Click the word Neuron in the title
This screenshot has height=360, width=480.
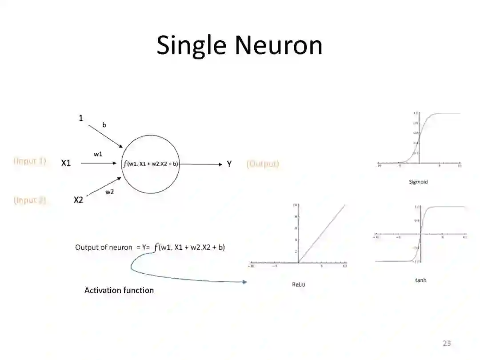(279, 46)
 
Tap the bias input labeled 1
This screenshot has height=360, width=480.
(81, 118)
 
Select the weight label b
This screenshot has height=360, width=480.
(104, 125)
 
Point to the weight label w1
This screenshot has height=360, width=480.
(98, 154)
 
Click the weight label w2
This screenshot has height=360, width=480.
(109, 192)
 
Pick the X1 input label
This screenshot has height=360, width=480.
(66, 164)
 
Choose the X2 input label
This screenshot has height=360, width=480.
(78, 200)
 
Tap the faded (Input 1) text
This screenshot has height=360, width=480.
(30, 161)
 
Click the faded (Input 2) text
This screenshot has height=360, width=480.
(30, 200)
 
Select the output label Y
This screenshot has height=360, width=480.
(229, 164)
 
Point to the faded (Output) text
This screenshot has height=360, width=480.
(263, 164)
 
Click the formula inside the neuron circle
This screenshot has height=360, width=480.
(151, 164)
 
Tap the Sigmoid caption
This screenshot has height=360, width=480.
(418, 182)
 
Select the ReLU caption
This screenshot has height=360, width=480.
(299, 284)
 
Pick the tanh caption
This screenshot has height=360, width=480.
(420, 280)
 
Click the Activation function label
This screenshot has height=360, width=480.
(119, 290)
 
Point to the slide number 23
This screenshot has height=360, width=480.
(447, 343)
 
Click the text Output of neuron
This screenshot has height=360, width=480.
(104, 248)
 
